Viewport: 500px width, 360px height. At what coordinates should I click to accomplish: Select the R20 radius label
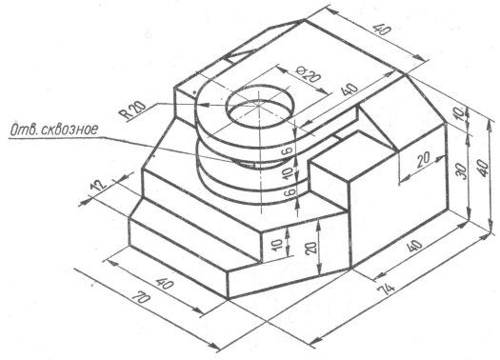132,110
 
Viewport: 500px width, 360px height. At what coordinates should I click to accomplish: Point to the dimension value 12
98,186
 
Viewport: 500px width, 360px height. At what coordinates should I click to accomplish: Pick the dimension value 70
141,298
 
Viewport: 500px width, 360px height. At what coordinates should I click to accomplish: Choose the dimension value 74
386,290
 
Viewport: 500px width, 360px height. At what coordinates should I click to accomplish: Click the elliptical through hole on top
259,104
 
